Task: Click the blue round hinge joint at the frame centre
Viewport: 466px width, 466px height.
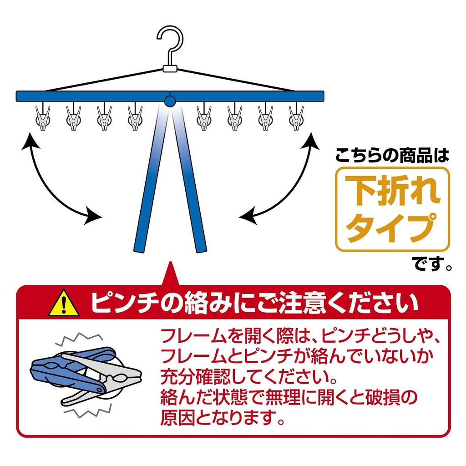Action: (169, 101)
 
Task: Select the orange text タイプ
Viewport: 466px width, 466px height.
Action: (392, 227)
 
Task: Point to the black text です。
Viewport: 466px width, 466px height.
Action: (432, 263)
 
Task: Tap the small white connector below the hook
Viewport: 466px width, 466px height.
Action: (169, 69)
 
